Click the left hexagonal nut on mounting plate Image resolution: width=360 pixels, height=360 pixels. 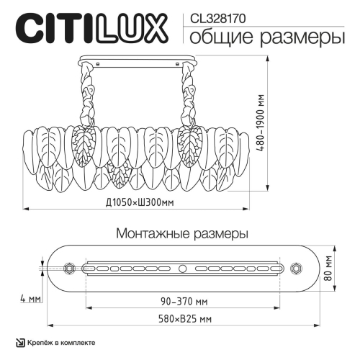(x=68, y=268)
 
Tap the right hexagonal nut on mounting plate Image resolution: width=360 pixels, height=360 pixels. (x=295, y=268)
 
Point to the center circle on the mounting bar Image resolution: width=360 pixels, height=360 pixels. (x=182, y=268)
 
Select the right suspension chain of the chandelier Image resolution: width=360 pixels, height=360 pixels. (x=192, y=98)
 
